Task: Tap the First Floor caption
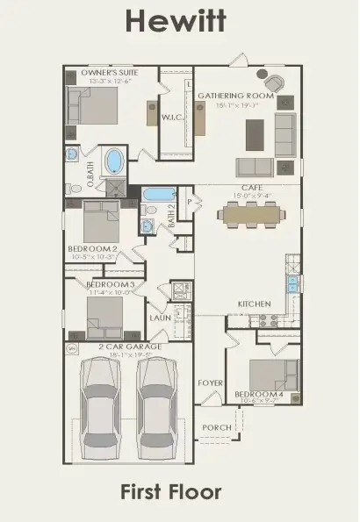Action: (179, 492)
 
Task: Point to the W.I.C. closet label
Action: (172, 116)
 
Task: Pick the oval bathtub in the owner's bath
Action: (115, 163)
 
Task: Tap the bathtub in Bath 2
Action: (160, 195)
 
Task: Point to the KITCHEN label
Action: (254, 304)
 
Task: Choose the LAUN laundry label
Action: (159, 318)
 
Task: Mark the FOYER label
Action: (210, 383)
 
